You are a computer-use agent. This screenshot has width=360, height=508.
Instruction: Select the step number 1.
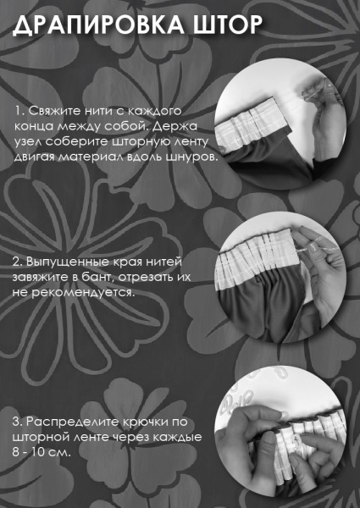17,112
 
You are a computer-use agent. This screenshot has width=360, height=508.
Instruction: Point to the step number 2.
17,262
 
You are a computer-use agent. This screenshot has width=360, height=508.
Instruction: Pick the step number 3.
17,421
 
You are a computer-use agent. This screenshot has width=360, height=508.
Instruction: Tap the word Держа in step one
186,127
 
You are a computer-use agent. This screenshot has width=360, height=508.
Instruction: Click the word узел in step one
27,142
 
